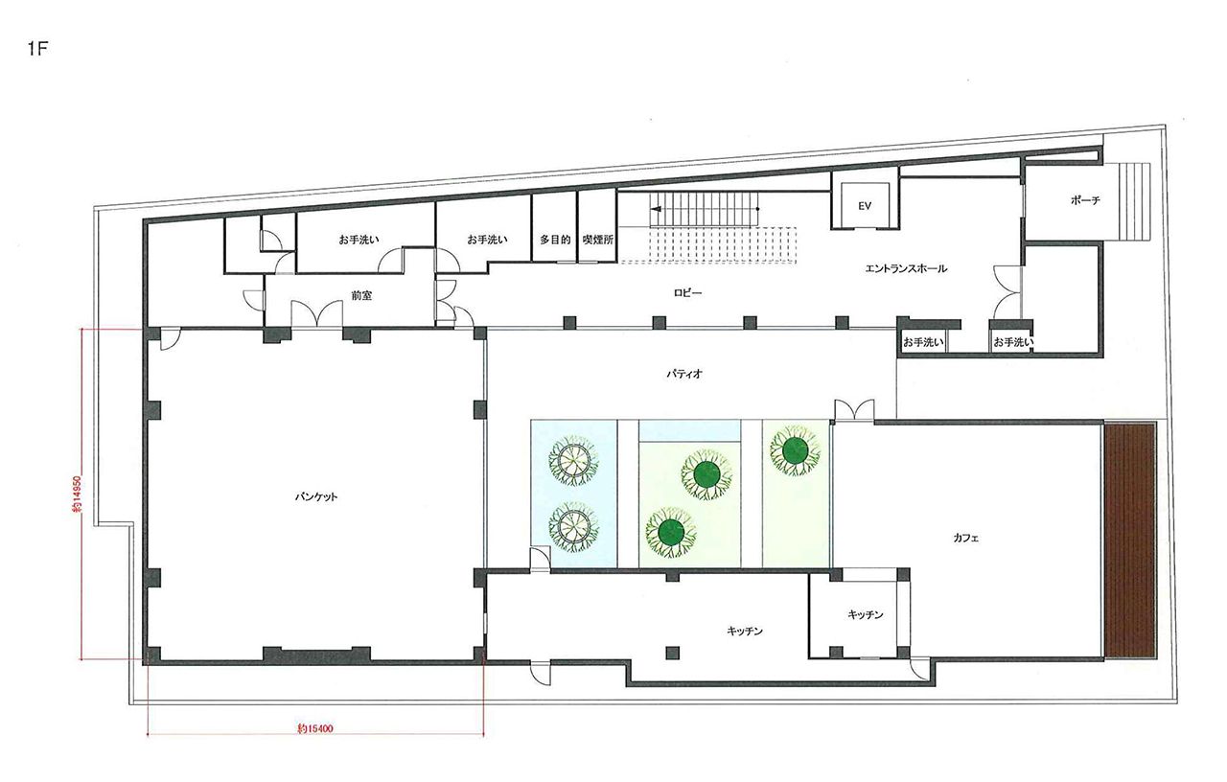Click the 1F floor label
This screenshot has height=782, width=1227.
point(38,49)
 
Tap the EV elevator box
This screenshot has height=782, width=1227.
point(865,206)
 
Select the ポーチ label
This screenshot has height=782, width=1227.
point(1085,200)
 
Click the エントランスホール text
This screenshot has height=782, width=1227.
point(906,268)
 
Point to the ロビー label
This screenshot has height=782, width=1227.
point(687,293)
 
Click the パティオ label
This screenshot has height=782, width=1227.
point(684,374)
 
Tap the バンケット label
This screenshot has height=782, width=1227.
point(316,497)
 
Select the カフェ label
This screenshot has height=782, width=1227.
point(965,539)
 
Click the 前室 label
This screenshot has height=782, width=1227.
point(361,296)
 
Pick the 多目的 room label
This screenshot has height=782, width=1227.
point(555,240)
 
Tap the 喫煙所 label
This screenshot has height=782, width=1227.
point(597,240)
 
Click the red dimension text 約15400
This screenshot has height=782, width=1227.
point(315,729)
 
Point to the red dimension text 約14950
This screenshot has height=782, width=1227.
point(77,494)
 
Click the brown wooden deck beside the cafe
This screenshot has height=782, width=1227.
point(1130,540)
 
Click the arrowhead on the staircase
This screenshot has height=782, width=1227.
point(656,209)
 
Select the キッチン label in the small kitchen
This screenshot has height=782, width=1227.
point(866,615)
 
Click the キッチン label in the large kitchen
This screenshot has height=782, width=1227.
point(745,632)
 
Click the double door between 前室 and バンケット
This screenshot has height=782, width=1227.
point(316,315)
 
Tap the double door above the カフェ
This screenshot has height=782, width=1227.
point(854,411)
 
